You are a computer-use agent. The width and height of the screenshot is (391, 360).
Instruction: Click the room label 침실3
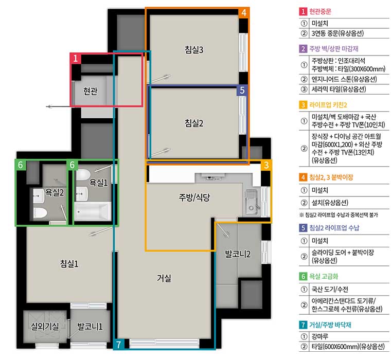point(194,49)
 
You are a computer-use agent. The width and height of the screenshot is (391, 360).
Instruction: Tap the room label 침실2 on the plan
point(194,123)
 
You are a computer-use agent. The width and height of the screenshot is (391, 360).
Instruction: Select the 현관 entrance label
point(90,91)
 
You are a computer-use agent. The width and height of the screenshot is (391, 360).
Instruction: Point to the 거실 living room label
point(164,278)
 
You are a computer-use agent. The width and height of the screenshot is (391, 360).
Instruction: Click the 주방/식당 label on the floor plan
point(194,197)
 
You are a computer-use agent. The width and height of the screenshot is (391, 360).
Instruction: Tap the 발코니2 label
point(238,254)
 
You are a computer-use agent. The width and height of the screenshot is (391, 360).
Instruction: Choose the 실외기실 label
point(45,326)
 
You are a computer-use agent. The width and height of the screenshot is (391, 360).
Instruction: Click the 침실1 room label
point(69,263)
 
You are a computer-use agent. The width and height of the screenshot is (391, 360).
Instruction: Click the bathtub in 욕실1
point(93,211)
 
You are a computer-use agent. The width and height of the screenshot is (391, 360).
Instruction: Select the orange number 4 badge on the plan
point(244,12)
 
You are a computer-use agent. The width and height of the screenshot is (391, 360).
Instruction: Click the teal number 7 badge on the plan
point(119,344)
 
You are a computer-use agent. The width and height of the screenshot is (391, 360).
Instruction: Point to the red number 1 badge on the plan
point(75,58)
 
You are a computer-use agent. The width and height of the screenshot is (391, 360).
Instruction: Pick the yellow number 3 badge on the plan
point(266,165)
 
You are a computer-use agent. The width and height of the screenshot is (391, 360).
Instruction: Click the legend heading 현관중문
point(320,11)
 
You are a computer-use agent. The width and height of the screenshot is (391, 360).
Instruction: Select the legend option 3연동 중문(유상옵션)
point(337,33)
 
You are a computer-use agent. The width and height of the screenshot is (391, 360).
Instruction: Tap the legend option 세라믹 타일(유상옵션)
point(339,89)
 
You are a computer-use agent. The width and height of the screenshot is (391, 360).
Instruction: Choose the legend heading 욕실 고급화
point(324,276)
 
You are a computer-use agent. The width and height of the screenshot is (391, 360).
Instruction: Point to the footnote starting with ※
point(339,214)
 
